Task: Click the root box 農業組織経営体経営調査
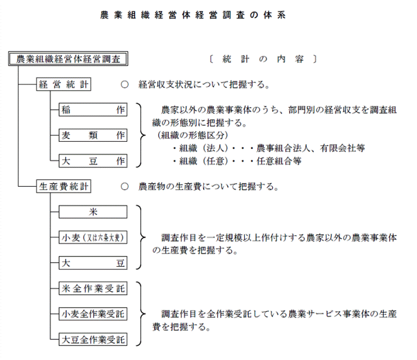[x=68, y=59]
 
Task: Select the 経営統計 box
[x=64, y=84]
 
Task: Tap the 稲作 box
[x=92, y=110]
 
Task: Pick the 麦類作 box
[x=92, y=135]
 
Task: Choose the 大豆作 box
[x=92, y=161]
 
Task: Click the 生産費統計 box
[x=64, y=186]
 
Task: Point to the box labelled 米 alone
[x=92, y=212]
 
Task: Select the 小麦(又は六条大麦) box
[x=92, y=237]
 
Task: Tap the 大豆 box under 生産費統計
[x=92, y=263]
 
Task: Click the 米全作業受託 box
[x=92, y=289]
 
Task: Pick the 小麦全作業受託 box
[x=92, y=314]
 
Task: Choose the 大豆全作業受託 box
[x=92, y=340]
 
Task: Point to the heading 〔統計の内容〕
[x=262, y=58]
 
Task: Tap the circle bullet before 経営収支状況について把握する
[x=125, y=85]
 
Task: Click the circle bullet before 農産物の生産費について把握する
[x=125, y=186]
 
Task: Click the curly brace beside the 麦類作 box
[x=139, y=135]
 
